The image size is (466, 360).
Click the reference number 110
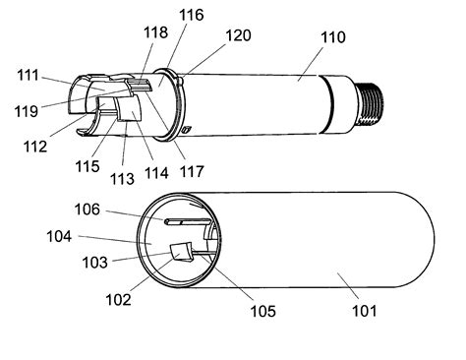[332, 37]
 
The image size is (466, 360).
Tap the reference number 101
[364, 311]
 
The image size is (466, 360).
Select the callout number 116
[192, 15]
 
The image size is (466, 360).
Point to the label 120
[239, 35]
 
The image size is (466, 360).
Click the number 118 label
[156, 32]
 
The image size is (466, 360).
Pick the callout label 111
[28, 76]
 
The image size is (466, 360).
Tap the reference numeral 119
[27, 111]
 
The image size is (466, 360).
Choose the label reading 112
[35, 147]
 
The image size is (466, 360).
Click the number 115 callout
[87, 166]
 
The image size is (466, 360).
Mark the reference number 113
[122, 179]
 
